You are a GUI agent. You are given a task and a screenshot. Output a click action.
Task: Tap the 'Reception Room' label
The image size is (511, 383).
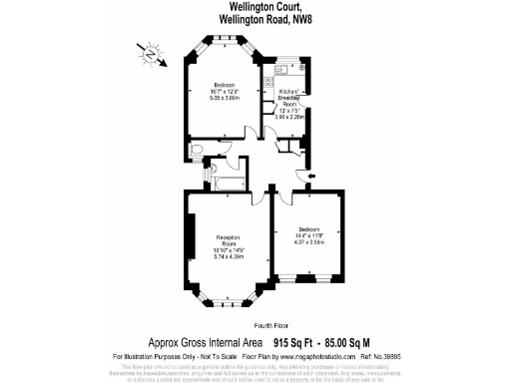(231, 240)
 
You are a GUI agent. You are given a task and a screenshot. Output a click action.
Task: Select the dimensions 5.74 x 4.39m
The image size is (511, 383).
(231, 257)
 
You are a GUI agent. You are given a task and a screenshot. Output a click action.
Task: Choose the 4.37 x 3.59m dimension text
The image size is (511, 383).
(308, 242)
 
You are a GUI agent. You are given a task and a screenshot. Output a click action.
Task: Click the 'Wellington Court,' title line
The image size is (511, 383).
(256, 6)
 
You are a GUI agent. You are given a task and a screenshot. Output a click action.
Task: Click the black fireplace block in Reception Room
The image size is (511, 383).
(187, 239)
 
